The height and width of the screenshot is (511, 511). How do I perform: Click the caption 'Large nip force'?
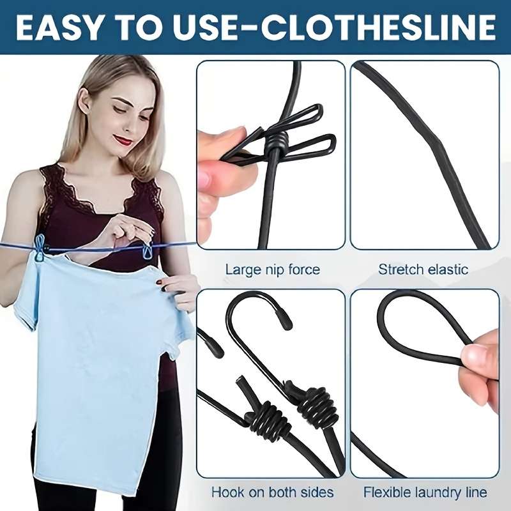[x=272, y=269]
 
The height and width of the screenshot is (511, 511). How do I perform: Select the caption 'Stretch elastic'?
[x=423, y=269]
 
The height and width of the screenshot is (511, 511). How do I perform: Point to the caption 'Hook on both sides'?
[x=272, y=492]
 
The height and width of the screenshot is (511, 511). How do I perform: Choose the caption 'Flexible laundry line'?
[x=425, y=492]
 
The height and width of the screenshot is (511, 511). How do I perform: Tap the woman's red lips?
[x=123, y=140]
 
